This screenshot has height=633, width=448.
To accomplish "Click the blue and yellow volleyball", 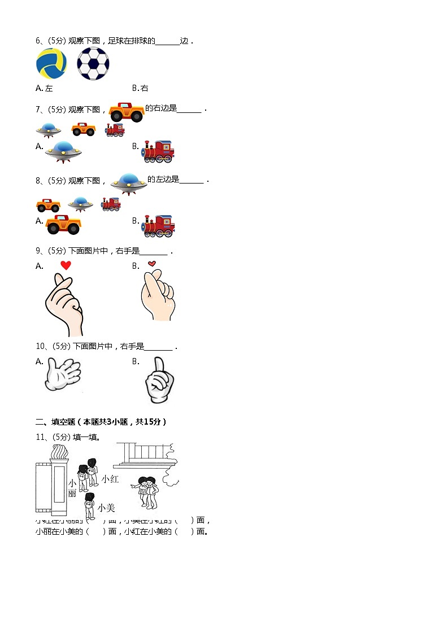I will coord(51,64).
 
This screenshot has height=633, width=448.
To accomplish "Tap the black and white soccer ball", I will coord(93,64).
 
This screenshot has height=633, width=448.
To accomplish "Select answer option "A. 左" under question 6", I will coord(44,88).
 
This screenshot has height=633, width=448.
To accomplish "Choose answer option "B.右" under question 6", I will coord(140,88).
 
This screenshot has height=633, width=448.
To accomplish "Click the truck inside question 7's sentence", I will coord(126,112).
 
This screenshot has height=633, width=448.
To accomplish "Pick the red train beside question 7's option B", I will coord(158,151).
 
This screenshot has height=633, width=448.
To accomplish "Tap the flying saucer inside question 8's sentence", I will coord(129,183).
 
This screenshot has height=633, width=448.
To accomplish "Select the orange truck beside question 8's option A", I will coord(63,225).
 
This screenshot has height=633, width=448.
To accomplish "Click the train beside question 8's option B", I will coord(158,225).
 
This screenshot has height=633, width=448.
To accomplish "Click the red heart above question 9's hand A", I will coord(66,265).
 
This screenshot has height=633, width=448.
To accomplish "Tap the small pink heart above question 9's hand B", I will coord(151,264).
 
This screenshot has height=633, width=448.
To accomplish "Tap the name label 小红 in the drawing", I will coord(110,479).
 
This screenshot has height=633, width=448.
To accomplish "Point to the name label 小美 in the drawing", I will coord(106,508).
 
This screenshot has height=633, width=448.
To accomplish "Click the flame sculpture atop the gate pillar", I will coord(59,453).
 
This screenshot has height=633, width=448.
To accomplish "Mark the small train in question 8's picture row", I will coord(111,204).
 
